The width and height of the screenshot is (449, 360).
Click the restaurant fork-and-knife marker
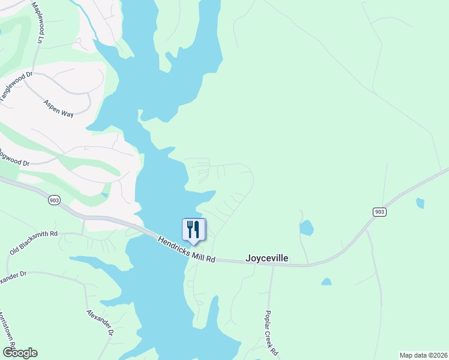pyautogui.click(x=193, y=230)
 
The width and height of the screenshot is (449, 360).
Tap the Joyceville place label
pyautogui.click(x=267, y=259)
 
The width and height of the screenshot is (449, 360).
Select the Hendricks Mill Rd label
pyautogui.click(x=186, y=248)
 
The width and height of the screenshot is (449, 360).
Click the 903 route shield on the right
pyautogui.click(x=379, y=212)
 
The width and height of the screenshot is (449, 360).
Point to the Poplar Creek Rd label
pyautogui.click(x=271, y=332)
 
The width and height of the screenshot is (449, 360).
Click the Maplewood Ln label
pyautogui.click(x=38, y=22)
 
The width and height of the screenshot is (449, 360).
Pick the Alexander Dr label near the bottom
pyautogui.click(x=99, y=322)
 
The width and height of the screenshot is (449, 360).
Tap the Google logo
pyautogui.click(x=20, y=353)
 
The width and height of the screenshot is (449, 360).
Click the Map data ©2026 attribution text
pyautogui.click(x=423, y=355)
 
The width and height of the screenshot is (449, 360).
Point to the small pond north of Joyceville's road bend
pyautogui.click(x=306, y=228)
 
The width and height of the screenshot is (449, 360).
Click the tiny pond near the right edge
pyautogui.click(x=420, y=203)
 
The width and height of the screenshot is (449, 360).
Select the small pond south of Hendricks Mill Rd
pyautogui.click(x=326, y=281)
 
